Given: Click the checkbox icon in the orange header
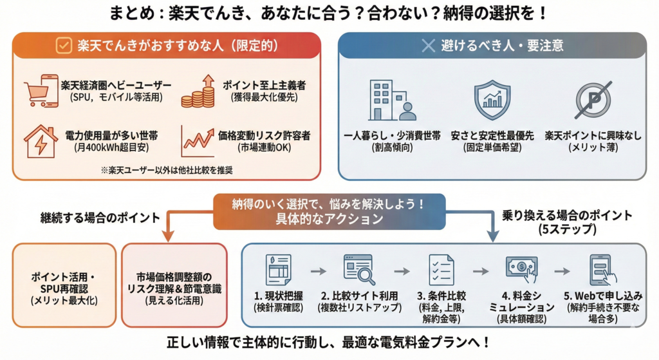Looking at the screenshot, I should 64,46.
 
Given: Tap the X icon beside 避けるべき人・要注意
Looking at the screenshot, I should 428,46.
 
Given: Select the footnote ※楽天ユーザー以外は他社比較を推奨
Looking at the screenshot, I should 167,170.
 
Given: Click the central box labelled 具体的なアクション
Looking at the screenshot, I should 329,211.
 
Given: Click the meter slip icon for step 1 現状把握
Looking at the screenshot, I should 279,270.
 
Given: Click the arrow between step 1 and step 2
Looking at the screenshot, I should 319,271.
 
